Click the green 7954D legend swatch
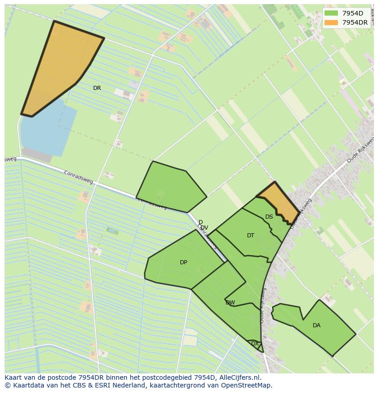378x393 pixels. click(x=331, y=13)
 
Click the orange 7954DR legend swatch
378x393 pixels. click(x=331, y=22)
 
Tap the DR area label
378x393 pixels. click(x=97, y=88)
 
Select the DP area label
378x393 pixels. click(x=184, y=262)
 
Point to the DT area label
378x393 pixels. click(x=251, y=236)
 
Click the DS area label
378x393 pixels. click(x=269, y=217)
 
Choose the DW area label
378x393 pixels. click(x=230, y=303)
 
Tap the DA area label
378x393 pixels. click(x=316, y=325)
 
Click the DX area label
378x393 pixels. click(x=255, y=343)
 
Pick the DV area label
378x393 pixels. click(x=204, y=228)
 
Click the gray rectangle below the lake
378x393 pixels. click(x=37, y=155)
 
